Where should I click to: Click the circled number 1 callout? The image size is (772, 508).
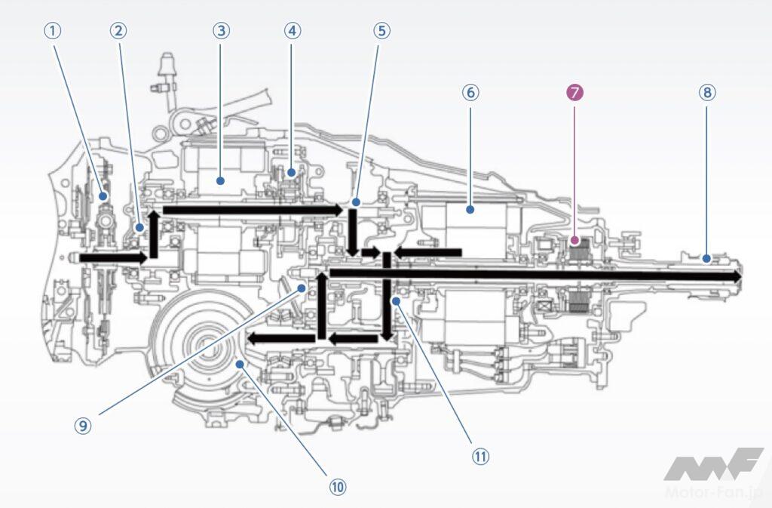pyautogui.click(x=51, y=31)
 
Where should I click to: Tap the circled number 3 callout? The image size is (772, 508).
pyautogui.click(x=220, y=31)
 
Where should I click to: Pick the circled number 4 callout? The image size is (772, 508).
pyautogui.click(x=293, y=31)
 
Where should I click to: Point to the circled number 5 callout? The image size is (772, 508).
pyautogui.click(x=382, y=31)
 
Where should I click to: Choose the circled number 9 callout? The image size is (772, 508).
pyautogui.click(x=83, y=425)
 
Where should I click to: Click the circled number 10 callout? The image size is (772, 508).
pyautogui.click(x=337, y=487)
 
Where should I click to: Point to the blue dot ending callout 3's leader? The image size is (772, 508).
pyautogui.click(x=220, y=180)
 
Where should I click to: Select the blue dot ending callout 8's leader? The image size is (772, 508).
pyautogui.click(x=706, y=259)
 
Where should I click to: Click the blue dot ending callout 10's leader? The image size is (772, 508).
pyautogui.click(x=239, y=364)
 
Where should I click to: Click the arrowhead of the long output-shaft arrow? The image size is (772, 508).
pyautogui.click(x=736, y=278)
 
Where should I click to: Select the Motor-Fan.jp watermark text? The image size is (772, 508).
pyautogui.click(x=715, y=492)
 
